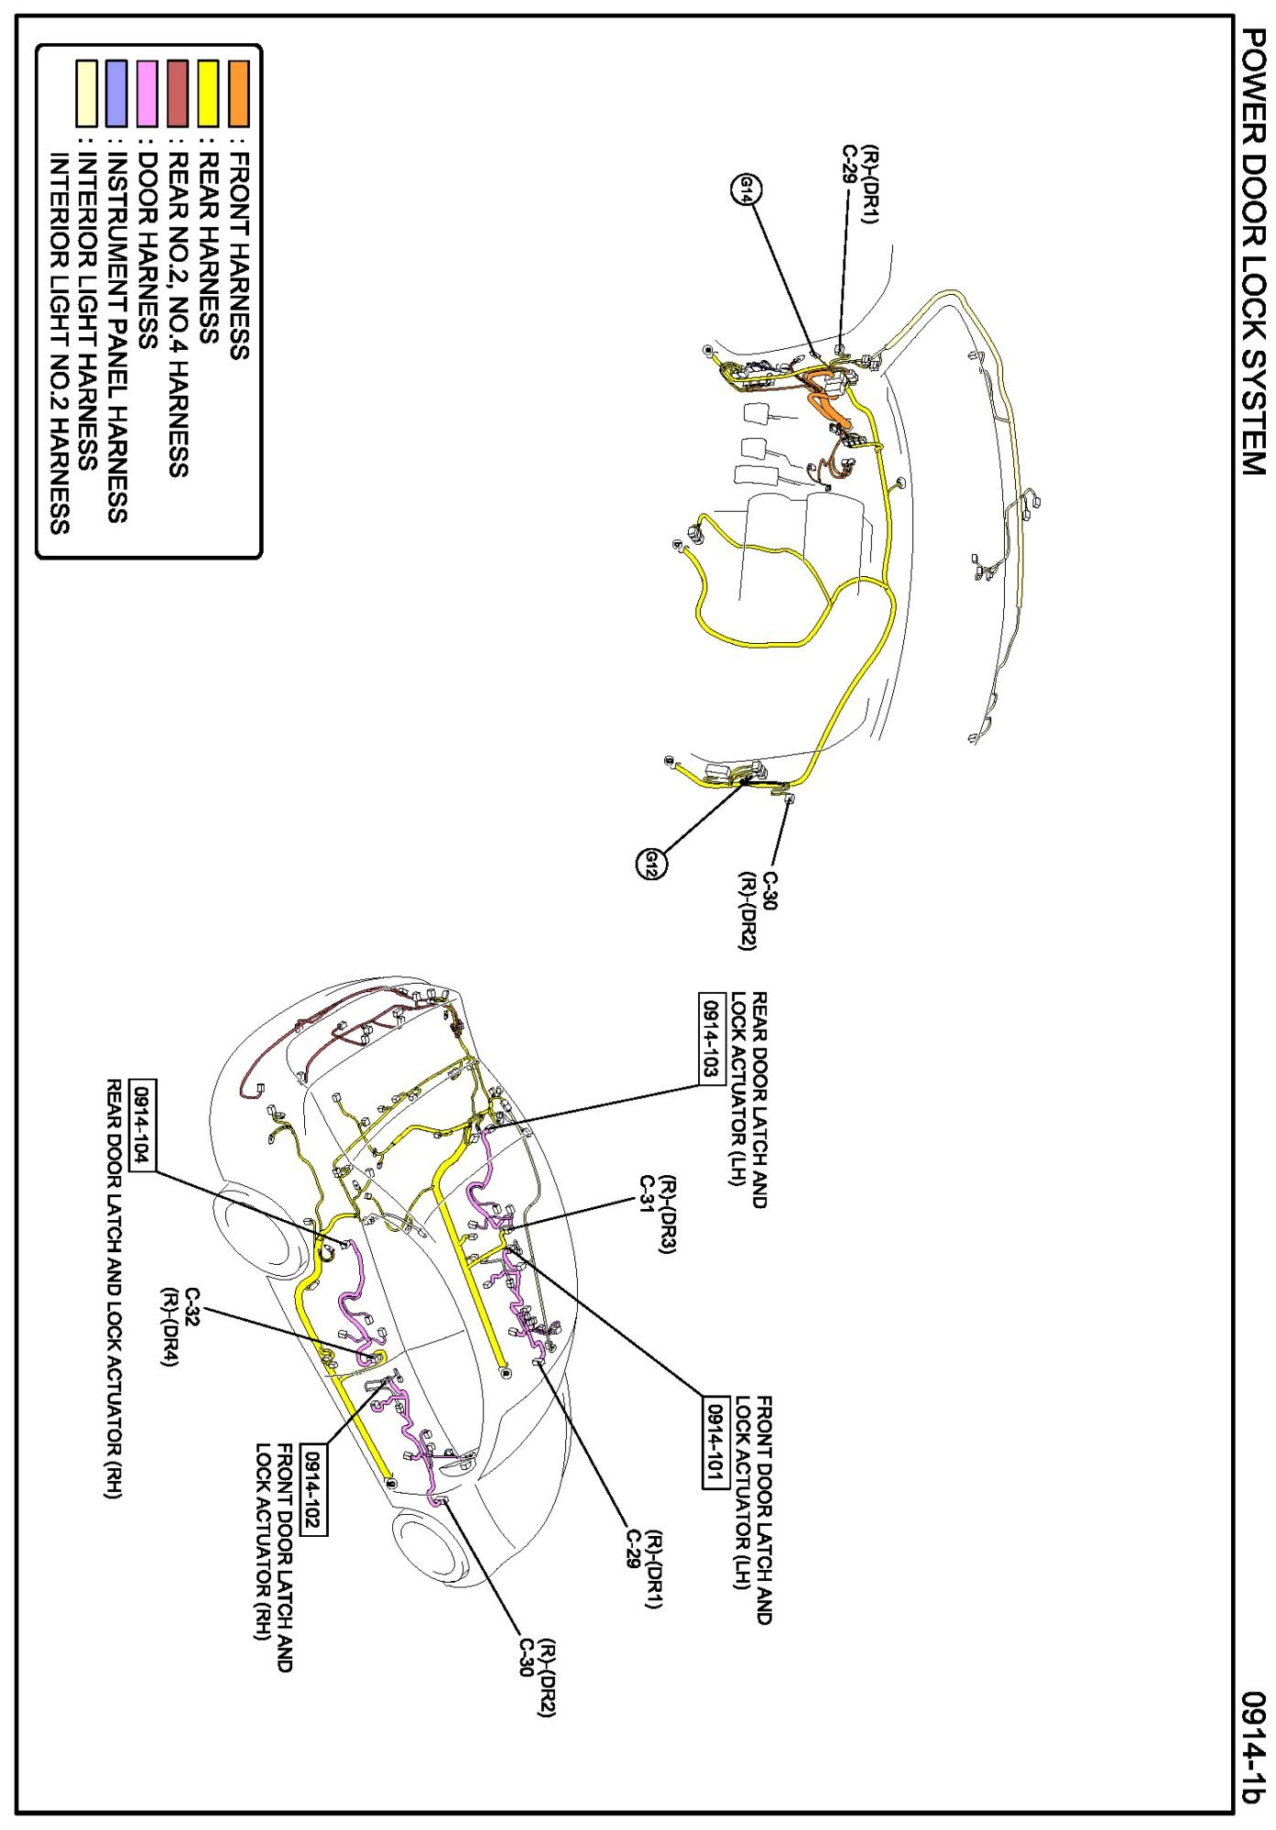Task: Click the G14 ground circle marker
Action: [747, 190]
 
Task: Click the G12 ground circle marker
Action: [651, 864]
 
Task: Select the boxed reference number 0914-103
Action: [712, 1038]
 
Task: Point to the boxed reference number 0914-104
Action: [143, 1124]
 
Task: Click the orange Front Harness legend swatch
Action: [239, 93]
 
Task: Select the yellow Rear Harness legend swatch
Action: [209, 93]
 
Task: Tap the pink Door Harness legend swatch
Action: [147, 93]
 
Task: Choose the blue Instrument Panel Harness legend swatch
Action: [116, 93]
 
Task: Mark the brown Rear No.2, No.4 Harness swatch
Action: [178, 93]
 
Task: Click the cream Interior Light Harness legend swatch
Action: [86, 93]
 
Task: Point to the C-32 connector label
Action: [192, 1302]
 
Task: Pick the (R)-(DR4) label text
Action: [170, 1327]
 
